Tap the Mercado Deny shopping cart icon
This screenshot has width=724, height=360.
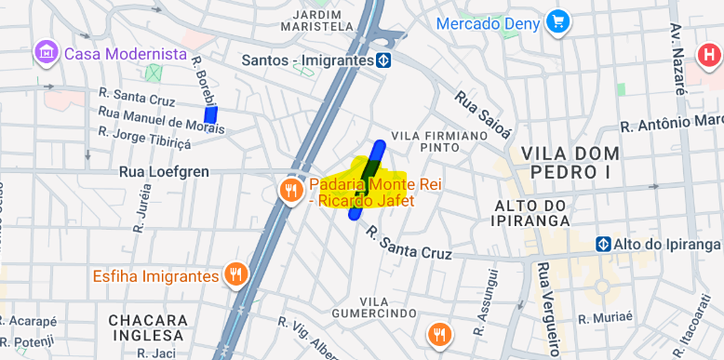tap(558, 21)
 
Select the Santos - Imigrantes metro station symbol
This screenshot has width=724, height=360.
tap(383, 60)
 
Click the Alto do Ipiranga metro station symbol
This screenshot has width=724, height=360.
tap(604, 244)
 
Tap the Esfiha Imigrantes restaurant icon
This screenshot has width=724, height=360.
tap(235, 275)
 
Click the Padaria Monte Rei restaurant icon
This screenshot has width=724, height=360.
tap(290, 191)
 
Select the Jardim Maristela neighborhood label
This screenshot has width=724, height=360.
tap(323, 20)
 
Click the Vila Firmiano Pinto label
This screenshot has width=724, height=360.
tap(425, 141)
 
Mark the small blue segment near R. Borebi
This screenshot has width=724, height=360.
tap(211, 114)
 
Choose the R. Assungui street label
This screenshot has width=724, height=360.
tap(485, 300)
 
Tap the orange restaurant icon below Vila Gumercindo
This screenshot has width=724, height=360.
tap(439, 334)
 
